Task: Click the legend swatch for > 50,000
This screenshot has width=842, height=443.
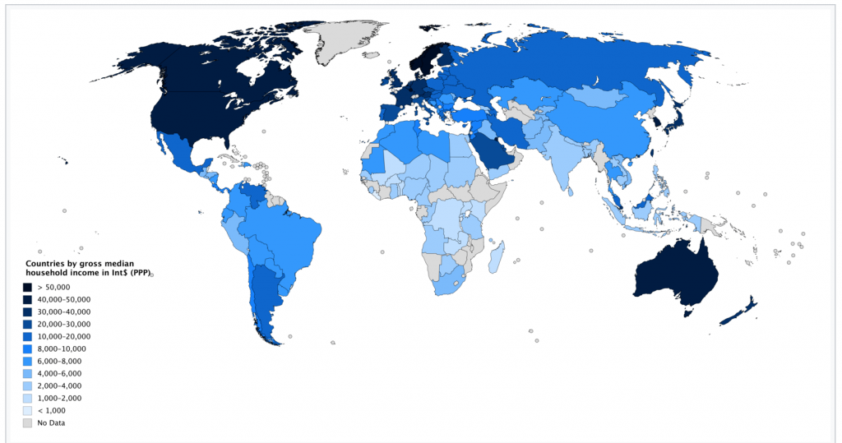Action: coord(27,288)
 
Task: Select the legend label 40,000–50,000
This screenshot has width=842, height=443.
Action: coord(63,300)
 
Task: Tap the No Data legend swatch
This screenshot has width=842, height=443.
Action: coord(27,422)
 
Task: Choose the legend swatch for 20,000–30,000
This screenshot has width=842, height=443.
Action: coord(27,325)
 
